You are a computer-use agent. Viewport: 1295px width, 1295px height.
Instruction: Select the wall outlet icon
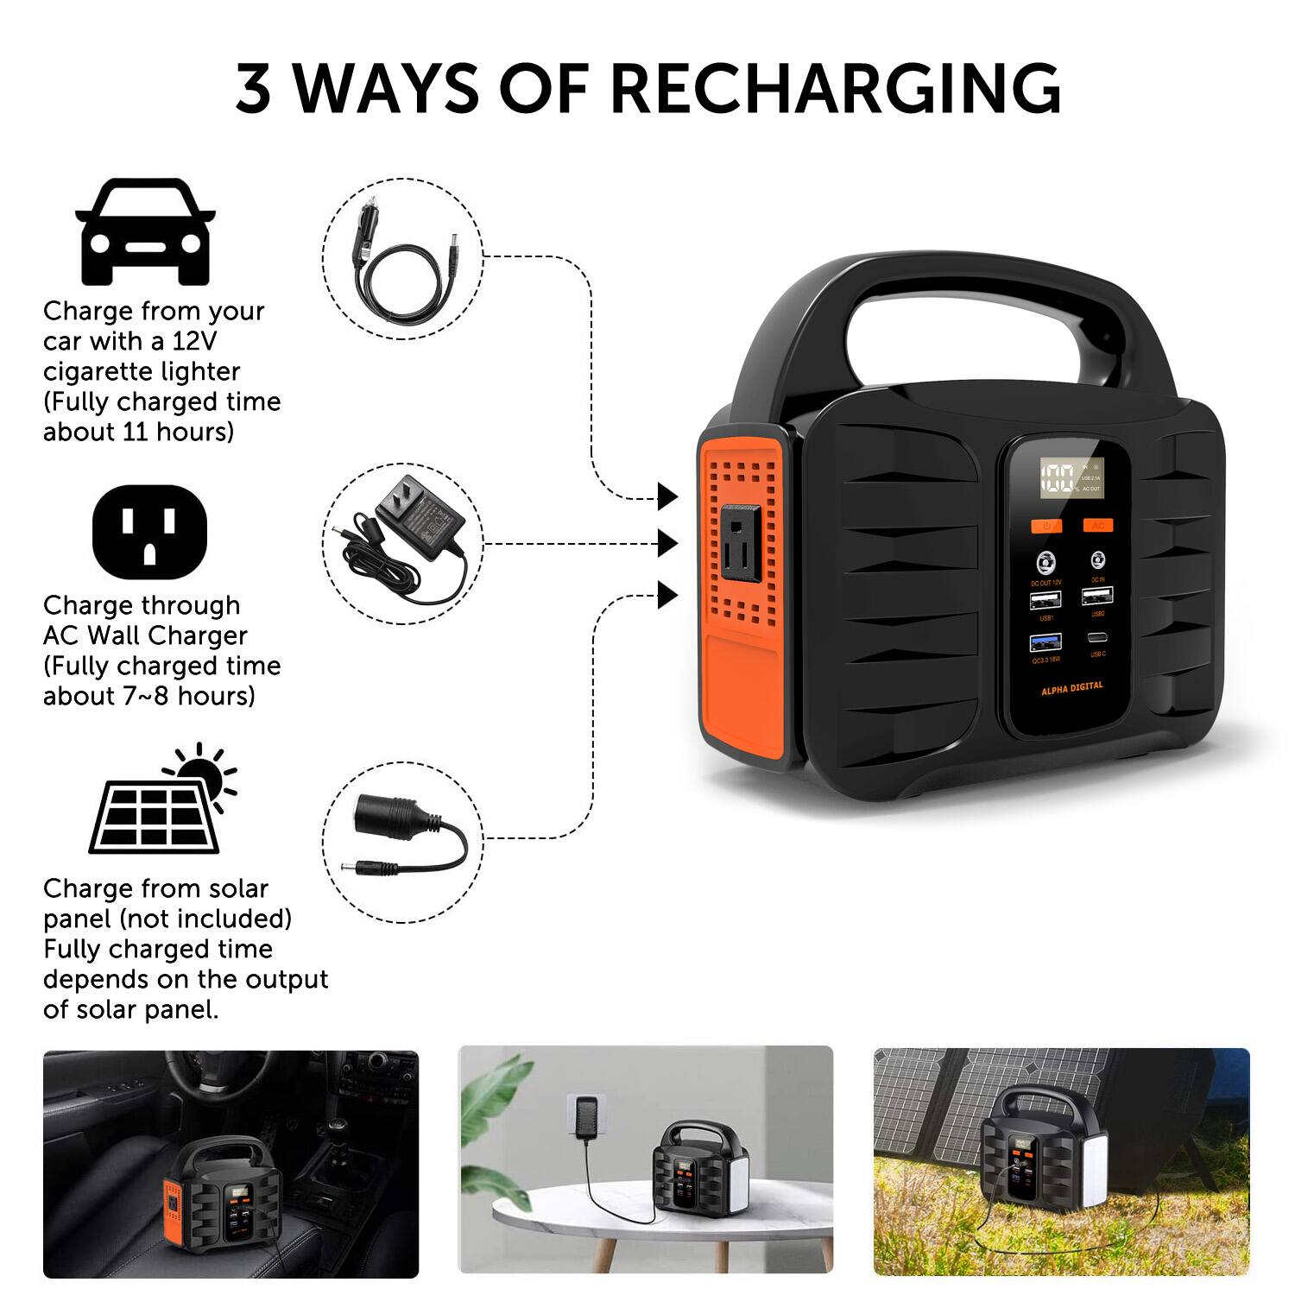149,532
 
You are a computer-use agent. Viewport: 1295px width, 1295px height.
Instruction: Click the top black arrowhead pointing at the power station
666,496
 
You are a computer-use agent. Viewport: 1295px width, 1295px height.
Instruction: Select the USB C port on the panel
1097,639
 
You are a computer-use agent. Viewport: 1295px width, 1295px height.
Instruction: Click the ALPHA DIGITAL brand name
1071,689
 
